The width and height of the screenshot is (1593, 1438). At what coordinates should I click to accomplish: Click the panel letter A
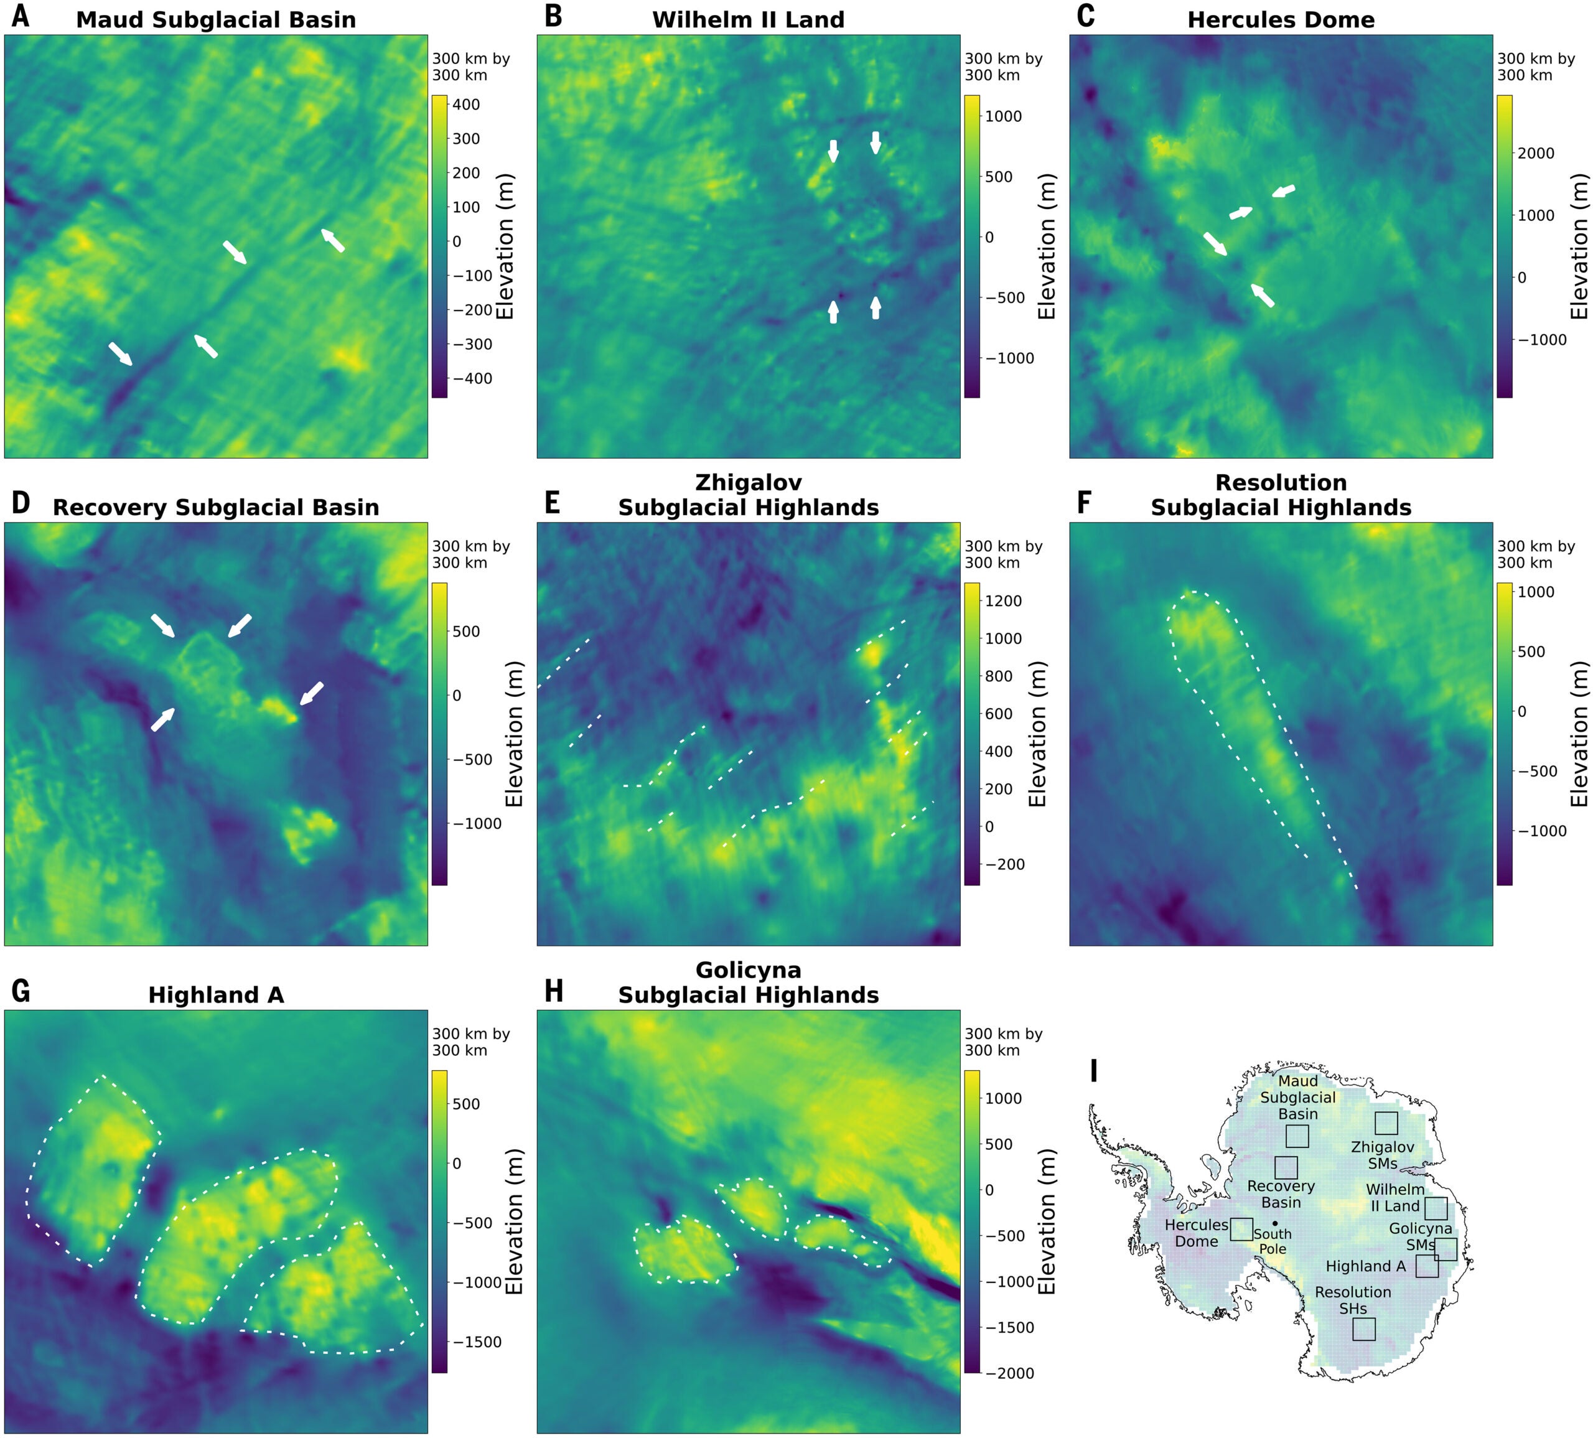(x=21, y=16)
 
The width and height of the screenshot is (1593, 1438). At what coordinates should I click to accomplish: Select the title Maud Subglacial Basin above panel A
(x=216, y=20)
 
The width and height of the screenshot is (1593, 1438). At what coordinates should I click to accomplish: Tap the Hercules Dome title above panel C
(x=1281, y=20)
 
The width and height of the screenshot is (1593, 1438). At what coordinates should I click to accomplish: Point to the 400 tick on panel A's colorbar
(x=465, y=105)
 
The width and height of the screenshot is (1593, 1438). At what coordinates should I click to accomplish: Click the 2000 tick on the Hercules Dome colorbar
(x=1535, y=153)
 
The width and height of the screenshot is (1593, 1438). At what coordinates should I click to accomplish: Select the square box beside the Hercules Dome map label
(x=1241, y=1230)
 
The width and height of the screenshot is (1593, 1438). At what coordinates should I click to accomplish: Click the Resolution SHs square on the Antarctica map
(x=1364, y=1329)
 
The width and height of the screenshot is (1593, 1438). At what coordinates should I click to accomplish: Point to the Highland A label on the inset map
(x=1365, y=1266)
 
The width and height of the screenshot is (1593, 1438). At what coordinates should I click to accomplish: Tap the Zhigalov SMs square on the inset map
(x=1386, y=1124)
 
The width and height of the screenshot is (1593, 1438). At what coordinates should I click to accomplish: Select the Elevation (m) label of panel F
(x=1579, y=733)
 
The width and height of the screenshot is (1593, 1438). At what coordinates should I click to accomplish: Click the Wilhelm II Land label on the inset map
(x=1394, y=1197)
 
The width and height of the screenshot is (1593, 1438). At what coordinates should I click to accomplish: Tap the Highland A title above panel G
(x=216, y=995)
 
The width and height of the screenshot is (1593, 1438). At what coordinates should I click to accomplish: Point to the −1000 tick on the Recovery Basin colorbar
(x=477, y=823)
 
